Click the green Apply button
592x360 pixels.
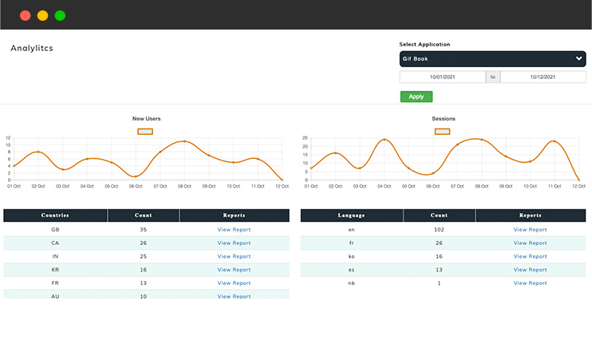click(x=416, y=97)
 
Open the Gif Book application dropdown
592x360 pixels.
click(x=492, y=58)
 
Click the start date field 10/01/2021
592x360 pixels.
click(x=442, y=77)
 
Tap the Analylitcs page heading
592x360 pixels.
click(x=32, y=48)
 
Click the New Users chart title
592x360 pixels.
click(x=146, y=119)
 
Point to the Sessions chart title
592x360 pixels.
click(x=444, y=119)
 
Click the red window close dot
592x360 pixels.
click(x=26, y=15)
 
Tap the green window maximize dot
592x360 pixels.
click(x=60, y=15)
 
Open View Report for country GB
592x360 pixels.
click(x=234, y=230)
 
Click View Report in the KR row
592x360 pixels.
click(x=234, y=270)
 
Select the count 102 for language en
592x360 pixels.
click(x=439, y=230)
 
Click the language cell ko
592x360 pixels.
click(x=351, y=256)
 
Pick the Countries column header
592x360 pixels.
click(x=55, y=216)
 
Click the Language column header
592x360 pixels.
click(x=351, y=216)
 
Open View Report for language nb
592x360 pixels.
click(x=530, y=283)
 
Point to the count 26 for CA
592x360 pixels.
click(x=144, y=243)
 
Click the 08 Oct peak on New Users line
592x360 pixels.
click(x=184, y=141)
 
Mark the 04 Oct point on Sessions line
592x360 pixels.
click(x=385, y=140)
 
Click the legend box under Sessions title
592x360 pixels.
click(x=442, y=131)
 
